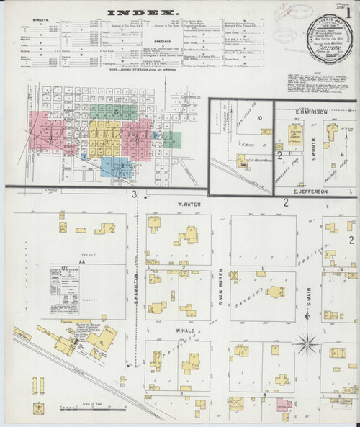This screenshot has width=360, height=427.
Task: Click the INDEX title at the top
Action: tap(153, 13)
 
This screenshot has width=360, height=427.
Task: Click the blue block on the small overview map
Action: tap(114, 166)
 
